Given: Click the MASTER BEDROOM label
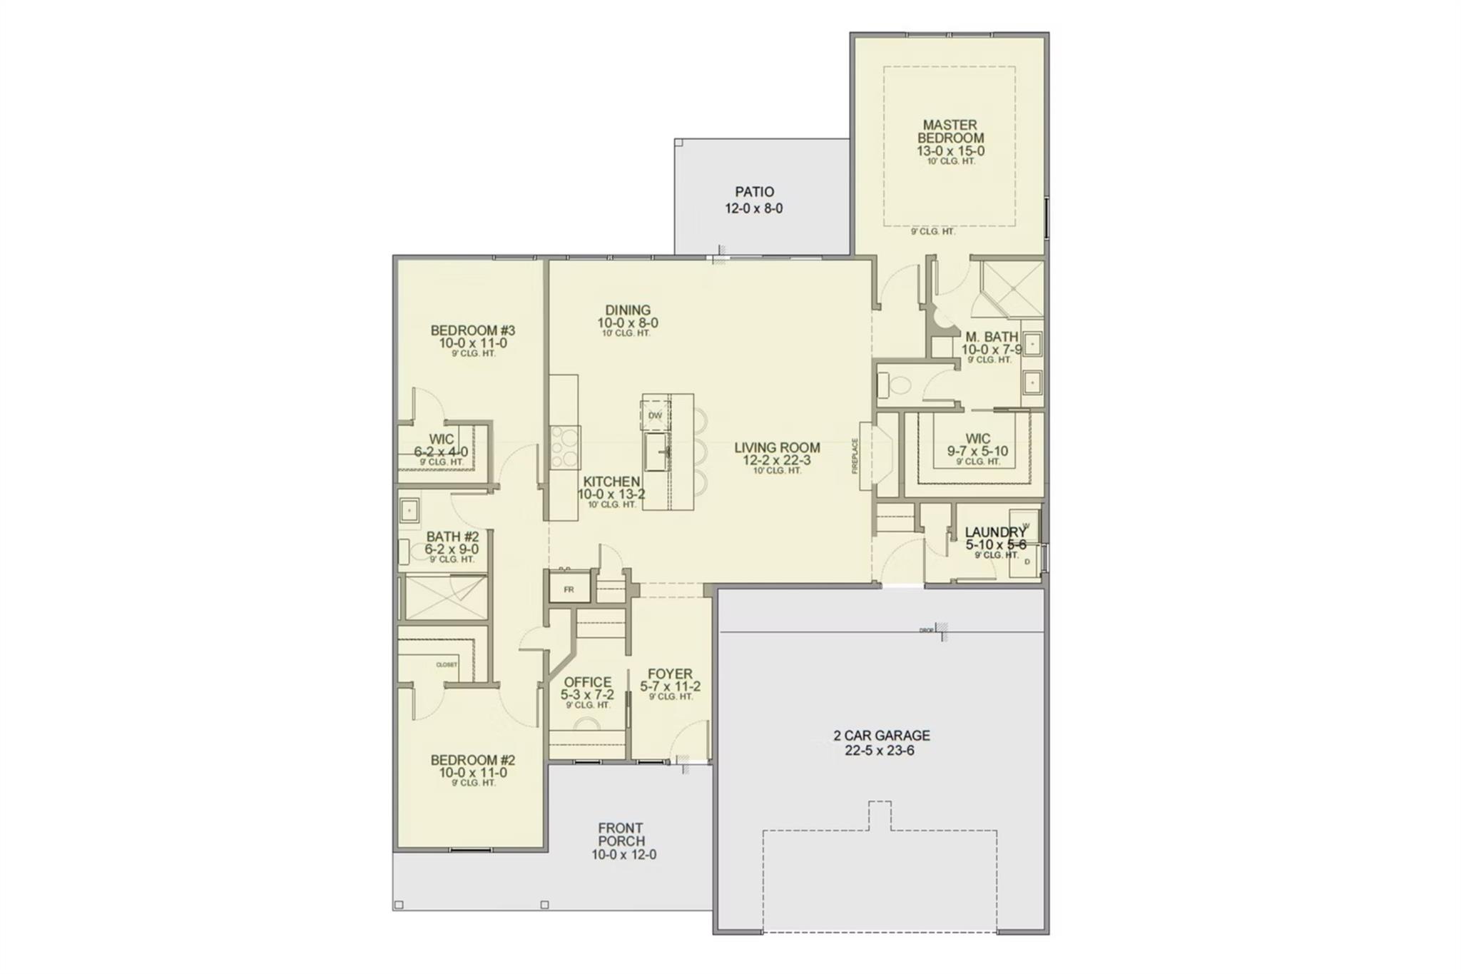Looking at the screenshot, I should pyautogui.click(x=950, y=131).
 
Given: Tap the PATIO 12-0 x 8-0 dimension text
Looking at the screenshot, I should pyautogui.click(x=754, y=209).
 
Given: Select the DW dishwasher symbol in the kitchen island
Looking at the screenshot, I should pyautogui.click(x=655, y=415).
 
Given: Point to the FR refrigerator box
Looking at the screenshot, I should pyautogui.click(x=569, y=589).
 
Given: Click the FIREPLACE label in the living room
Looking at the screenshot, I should pyautogui.click(x=855, y=456).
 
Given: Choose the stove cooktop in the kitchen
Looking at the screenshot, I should pyautogui.click(x=565, y=447).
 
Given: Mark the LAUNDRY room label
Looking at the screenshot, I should pyautogui.click(x=995, y=532).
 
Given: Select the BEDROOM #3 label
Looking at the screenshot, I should pyautogui.click(x=472, y=330).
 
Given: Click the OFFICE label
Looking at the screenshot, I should pyautogui.click(x=587, y=682).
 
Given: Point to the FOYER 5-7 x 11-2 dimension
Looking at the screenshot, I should pyautogui.click(x=670, y=687).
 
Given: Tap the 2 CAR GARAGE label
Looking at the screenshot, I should pyautogui.click(x=881, y=735).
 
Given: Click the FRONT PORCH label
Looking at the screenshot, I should pyautogui.click(x=621, y=834).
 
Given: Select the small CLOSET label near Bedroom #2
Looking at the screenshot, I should pyautogui.click(x=447, y=665).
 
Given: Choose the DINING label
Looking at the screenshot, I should pyautogui.click(x=628, y=310).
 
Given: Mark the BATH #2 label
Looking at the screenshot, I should pyautogui.click(x=452, y=537).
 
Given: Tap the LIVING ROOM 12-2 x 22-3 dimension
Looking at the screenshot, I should pyautogui.click(x=777, y=461).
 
